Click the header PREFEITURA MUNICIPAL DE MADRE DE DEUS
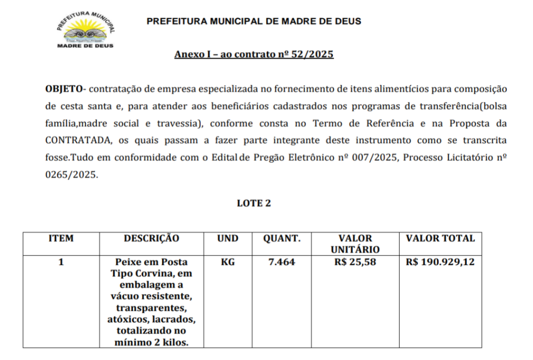point(253,21)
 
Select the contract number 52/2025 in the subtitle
point(312,54)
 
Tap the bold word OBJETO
point(64,89)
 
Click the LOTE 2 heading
point(253,203)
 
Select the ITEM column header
point(61,239)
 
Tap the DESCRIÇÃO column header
point(151,239)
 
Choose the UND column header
point(227,239)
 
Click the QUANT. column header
point(282,239)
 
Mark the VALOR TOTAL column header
point(440,239)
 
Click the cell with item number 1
point(61,262)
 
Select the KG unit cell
point(227,262)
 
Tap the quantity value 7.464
point(282,262)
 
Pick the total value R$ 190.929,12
point(440,262)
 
